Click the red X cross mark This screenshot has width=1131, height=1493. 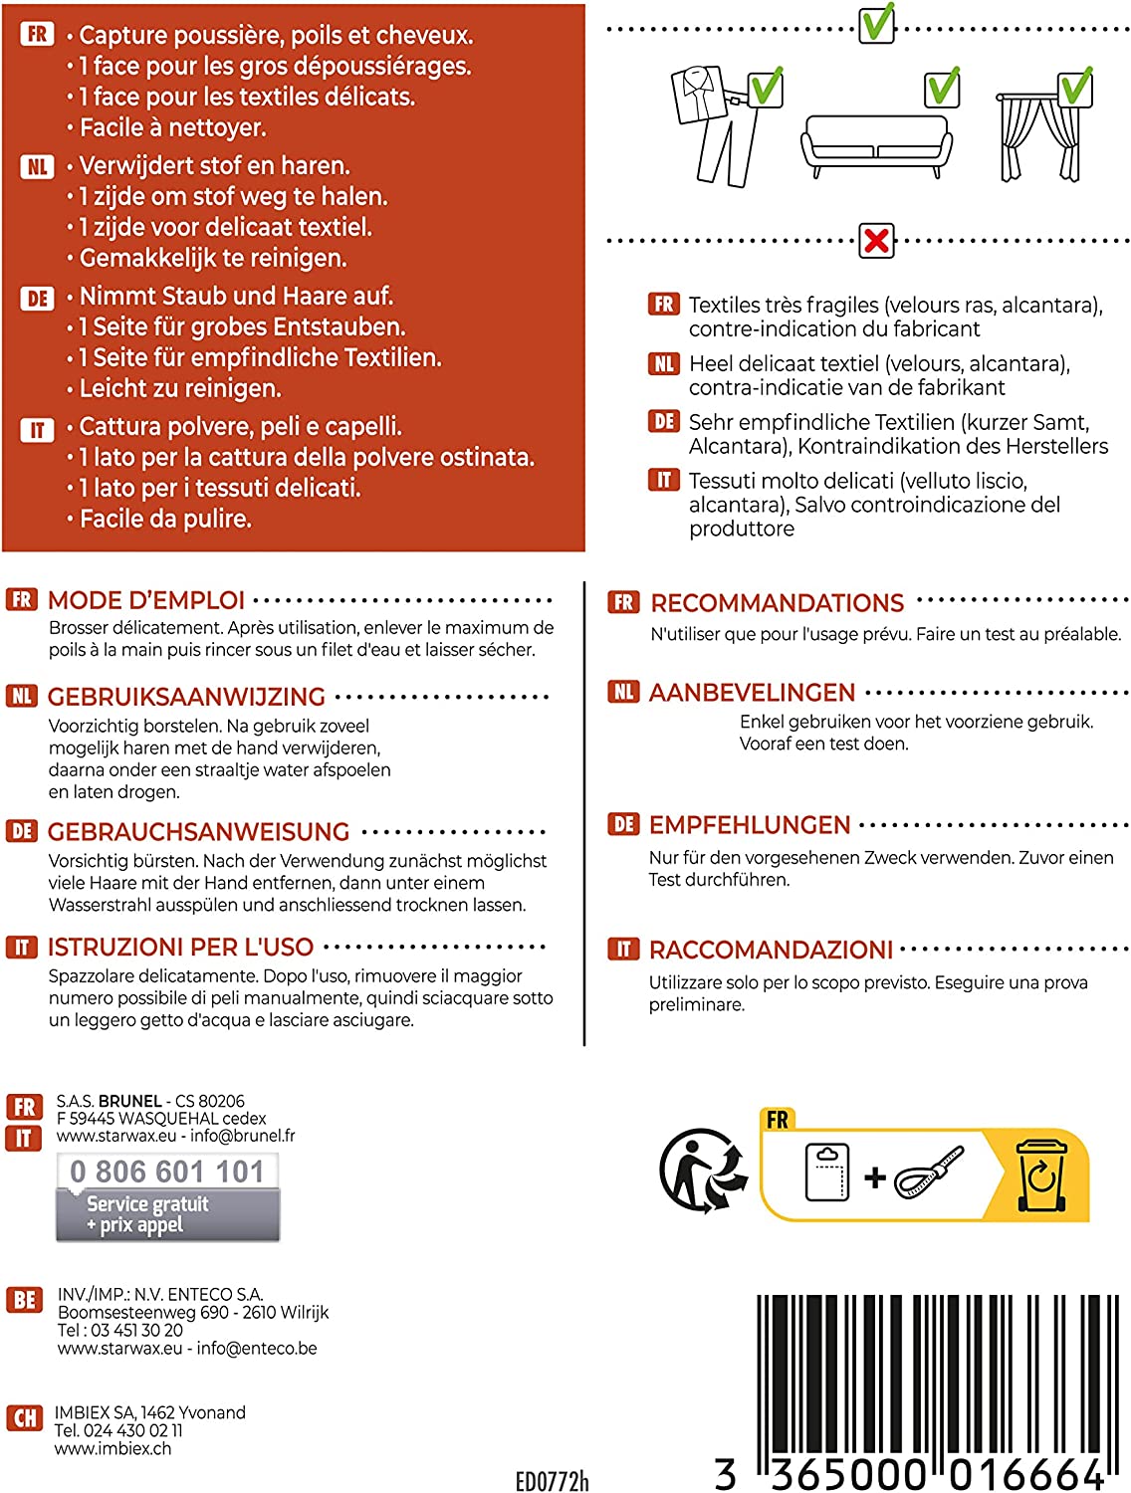[x=877, y=241]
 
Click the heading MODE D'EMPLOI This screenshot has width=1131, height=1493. [x=146, y=600]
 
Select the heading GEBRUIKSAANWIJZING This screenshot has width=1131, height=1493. [x=186, y=697]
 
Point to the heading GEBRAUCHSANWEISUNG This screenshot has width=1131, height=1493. [x=198, y=831]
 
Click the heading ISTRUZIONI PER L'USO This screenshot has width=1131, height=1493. [x=180, y=947]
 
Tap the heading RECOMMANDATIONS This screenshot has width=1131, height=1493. [x=777, y=602]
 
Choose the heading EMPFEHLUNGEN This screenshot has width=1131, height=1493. [x=750, y=825]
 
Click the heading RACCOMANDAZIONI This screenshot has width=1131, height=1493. [x=771, y=950]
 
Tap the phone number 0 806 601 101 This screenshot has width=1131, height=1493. [x=167, y=1172]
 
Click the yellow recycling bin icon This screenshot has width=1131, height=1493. [x=1040, y=1175]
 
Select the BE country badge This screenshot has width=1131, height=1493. [x=25, y=1300]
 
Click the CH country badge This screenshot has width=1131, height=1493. [x=25, y=1417]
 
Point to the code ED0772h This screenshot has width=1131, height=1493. [x=552, y=1481]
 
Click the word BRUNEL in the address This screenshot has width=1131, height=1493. [x=130, y=1101]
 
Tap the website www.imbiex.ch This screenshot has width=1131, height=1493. [x=113, y=1448]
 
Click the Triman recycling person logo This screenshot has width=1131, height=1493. [x=702, y=1171]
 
